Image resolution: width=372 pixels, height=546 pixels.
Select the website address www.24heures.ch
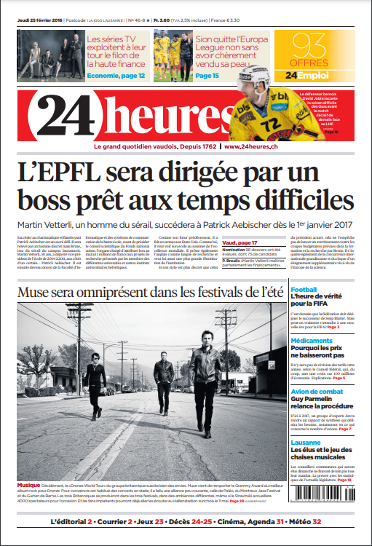[x=252, y=147]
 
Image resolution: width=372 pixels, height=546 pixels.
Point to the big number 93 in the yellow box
[x=311, y=46]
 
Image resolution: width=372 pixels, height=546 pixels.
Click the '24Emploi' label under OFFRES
[x=312, y=74]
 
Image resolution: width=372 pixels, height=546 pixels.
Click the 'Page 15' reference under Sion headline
[x=207, y=76]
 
